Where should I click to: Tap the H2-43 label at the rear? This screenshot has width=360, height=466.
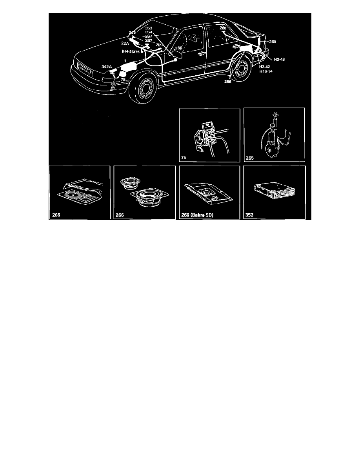(279, 59)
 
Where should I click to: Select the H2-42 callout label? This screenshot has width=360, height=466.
(264, 67)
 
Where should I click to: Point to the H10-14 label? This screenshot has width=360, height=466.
(265, 72)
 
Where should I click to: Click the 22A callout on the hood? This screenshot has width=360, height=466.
(125, 43)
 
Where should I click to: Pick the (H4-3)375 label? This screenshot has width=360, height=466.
(131, 51)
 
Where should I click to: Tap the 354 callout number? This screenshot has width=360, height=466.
(149, 32)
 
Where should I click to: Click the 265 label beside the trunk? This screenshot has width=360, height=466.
(273, 41)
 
